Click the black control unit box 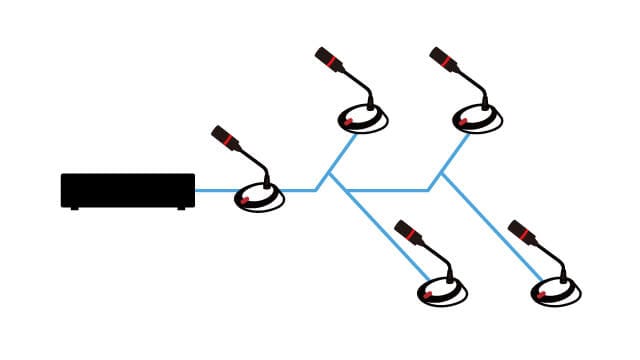click(x=128, y=189)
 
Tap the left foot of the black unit click(x=74, y=207)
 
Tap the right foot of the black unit click(x=181, y=207)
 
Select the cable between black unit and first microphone click(x=215, y=190)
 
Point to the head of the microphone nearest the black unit click(x=225, y=137)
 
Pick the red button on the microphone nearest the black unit click(x=244, y=200)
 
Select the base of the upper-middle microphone click(x=363, y=120)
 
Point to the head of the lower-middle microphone click(x=408, y=232)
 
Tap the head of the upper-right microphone click(x=443, y=58)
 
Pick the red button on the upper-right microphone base click(x=462, y=122)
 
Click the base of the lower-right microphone click(x=556, y=292)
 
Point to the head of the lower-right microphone click(x=521, y=232)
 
